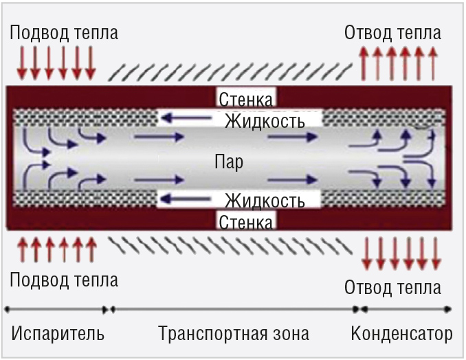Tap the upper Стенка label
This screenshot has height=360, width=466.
click(x=247, y=99)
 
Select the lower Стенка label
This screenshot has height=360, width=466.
click(x=247, y=221)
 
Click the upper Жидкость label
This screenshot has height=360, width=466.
click(x=265, y=122)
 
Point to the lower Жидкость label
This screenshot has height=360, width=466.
click(x=265, y=201)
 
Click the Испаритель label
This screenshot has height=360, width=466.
click(x=58, y=335)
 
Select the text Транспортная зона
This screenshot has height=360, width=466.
click(x=234, y=335)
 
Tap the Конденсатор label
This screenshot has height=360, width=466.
click(x=401, y=335)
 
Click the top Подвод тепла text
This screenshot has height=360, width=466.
click(x=64, y=33)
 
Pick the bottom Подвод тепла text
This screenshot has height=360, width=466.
click(x=64, y=280)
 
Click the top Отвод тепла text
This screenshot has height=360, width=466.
click(x=392, y=33)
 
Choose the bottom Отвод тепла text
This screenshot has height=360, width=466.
click(x=392, y=287)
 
